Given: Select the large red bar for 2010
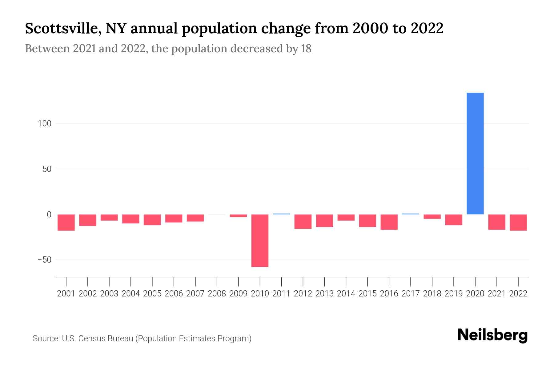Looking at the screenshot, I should (x=260, y=240).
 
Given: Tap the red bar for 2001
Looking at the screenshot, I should (x=66, y=222).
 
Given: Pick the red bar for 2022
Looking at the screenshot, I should (x=518, y=222).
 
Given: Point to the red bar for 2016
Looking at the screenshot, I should (x=389, y=222).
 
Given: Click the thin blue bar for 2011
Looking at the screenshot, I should (x=281, y=214).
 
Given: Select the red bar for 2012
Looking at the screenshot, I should (x=303, y=221).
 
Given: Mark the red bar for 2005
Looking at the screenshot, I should (x=152, y=220).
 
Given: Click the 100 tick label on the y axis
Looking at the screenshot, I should (x=44, y=124).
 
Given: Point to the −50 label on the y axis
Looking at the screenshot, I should (x=44, y=260).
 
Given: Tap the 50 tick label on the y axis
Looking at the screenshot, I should (x=47, y=169).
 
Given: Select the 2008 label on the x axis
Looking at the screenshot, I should (x=217, y=294).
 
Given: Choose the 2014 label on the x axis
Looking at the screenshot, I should (x=346, y=294).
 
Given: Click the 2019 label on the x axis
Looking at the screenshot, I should (x=454, y=294).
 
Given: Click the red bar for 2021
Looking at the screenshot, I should (x=497, y=222).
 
